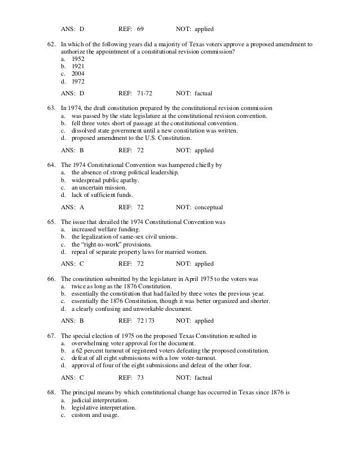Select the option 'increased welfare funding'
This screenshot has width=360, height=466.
(x=107, y=229)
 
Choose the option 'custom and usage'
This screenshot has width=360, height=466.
(x=95, y=415)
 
